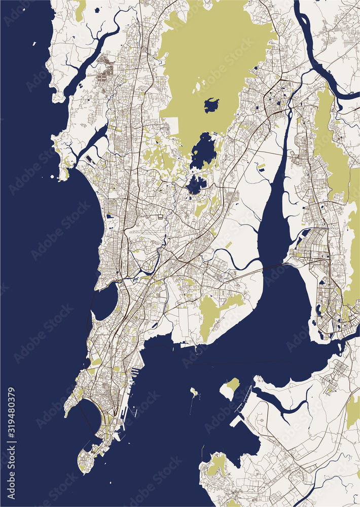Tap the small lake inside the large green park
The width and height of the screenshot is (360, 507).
click(x=211, y=105)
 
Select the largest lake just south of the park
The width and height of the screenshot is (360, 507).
click(x=203, y=151)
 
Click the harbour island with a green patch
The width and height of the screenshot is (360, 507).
click(x=231, y=387)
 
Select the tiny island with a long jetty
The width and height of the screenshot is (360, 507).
click(x=193, y=392)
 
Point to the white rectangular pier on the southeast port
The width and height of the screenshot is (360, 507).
click(x=236, y=420)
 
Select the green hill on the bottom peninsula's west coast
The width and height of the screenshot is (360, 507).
click(x=217, y=465)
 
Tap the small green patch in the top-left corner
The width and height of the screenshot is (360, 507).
click(x=80, y=10)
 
